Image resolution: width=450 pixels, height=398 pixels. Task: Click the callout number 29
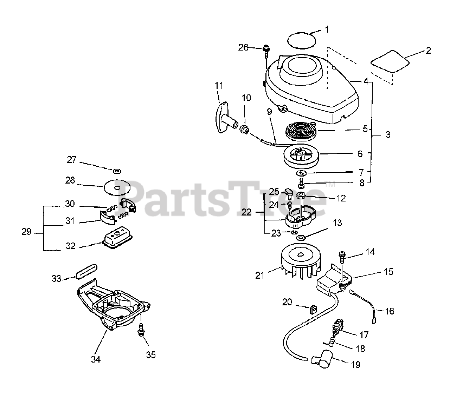coord(27,232)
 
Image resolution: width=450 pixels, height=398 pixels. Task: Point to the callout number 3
coord(387,134)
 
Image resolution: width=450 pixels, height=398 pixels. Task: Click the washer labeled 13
coord(301,238)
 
